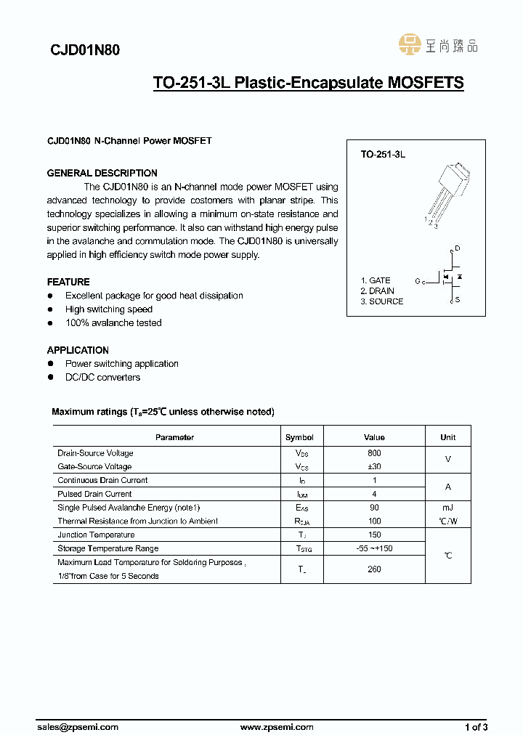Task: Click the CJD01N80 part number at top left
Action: click(85, 50)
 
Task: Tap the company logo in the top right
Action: click(438, 45)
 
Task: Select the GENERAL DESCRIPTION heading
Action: click(102, 173)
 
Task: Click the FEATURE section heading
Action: click(68, 282)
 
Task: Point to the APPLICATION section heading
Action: click(78, 350)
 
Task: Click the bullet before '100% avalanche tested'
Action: click(50, 323)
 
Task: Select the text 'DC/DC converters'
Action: click(102, 378)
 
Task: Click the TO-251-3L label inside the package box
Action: click(383, 155)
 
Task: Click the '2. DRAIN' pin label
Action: click(378, 291)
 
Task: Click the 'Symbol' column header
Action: click(299, 437)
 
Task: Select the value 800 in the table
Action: click(374, 453)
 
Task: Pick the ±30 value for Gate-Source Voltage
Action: click(374, 467)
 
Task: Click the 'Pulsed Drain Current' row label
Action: click(94, 494)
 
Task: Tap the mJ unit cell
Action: click(447, 508)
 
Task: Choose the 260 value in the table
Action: click(374, 569)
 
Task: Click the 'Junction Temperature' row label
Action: click(96, 535)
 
